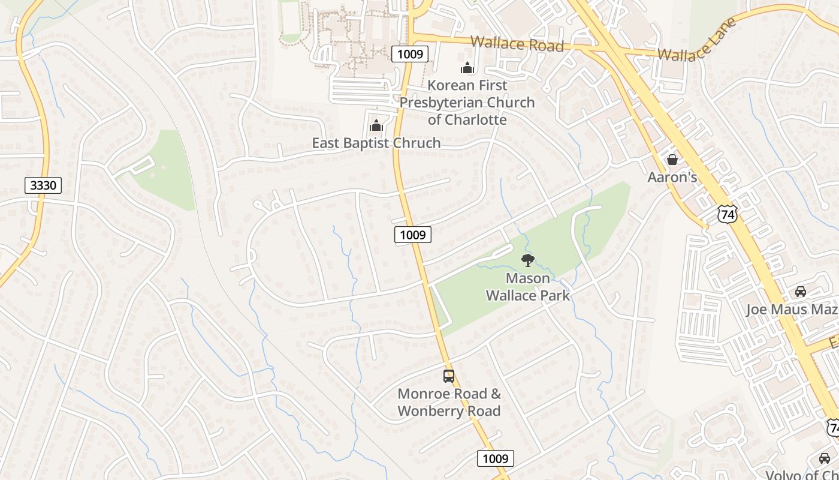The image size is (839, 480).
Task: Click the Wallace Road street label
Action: tap(517, 44)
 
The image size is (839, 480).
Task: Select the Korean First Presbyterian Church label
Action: tap(467, 103)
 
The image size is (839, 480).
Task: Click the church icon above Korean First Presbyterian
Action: tap(467, 68)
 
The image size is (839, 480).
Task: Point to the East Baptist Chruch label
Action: tap(376, 143)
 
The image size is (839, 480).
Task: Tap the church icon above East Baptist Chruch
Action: tap(376, 125)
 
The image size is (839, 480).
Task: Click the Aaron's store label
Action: tap(672, 177)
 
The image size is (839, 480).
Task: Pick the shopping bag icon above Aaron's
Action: tap(672, 160)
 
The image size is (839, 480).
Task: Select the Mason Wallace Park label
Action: tap(527, 287)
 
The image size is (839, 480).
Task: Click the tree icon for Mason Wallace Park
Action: tap(527, 260)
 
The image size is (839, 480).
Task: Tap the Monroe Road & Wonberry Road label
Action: tap(449, 403)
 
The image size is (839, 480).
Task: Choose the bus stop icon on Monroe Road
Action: tap(449, 376)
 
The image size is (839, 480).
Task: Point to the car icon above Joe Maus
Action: tap(800, 292)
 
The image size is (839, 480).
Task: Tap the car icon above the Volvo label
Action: tap(825, 458)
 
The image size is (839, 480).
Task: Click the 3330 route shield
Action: tap(43, 185)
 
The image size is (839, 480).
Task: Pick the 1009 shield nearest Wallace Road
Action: tap(411, 54)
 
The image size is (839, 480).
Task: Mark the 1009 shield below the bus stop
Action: tap(496, 459)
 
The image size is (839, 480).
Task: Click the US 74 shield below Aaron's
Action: tap(728, 214)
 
